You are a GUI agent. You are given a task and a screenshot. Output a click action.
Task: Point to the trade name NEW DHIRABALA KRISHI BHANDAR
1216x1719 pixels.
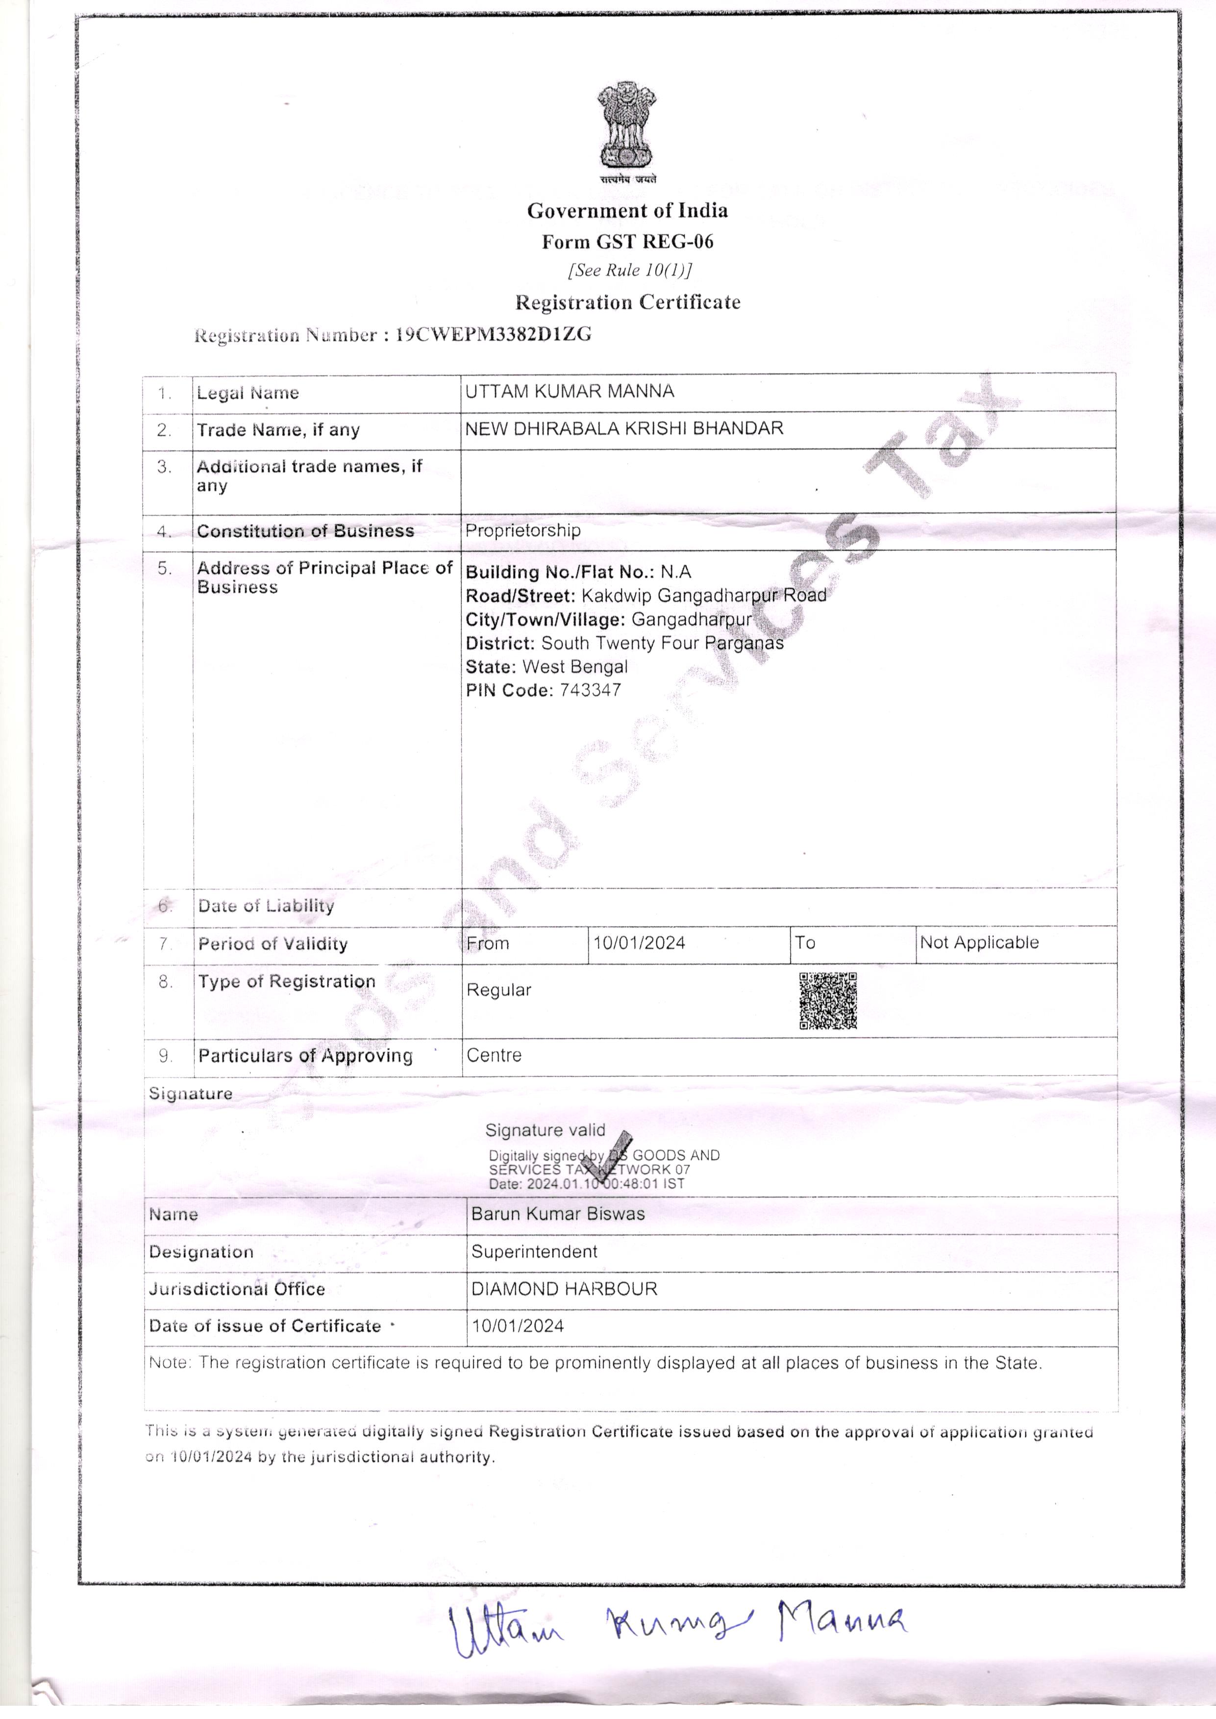[624, 428]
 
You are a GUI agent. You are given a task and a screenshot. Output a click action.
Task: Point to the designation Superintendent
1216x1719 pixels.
[534, 1252]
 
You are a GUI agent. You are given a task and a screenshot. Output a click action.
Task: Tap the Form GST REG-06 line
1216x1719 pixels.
[627, 241]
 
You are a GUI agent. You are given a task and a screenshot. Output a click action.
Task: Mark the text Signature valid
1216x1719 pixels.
[545, 1130]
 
